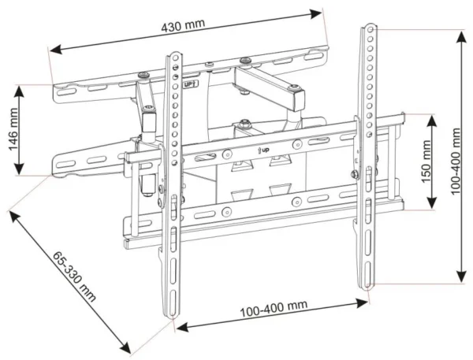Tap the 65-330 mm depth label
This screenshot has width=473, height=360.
74,276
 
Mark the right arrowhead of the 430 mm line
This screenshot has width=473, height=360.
321,11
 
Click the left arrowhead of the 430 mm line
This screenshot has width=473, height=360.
52,52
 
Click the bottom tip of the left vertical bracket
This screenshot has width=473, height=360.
172,319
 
